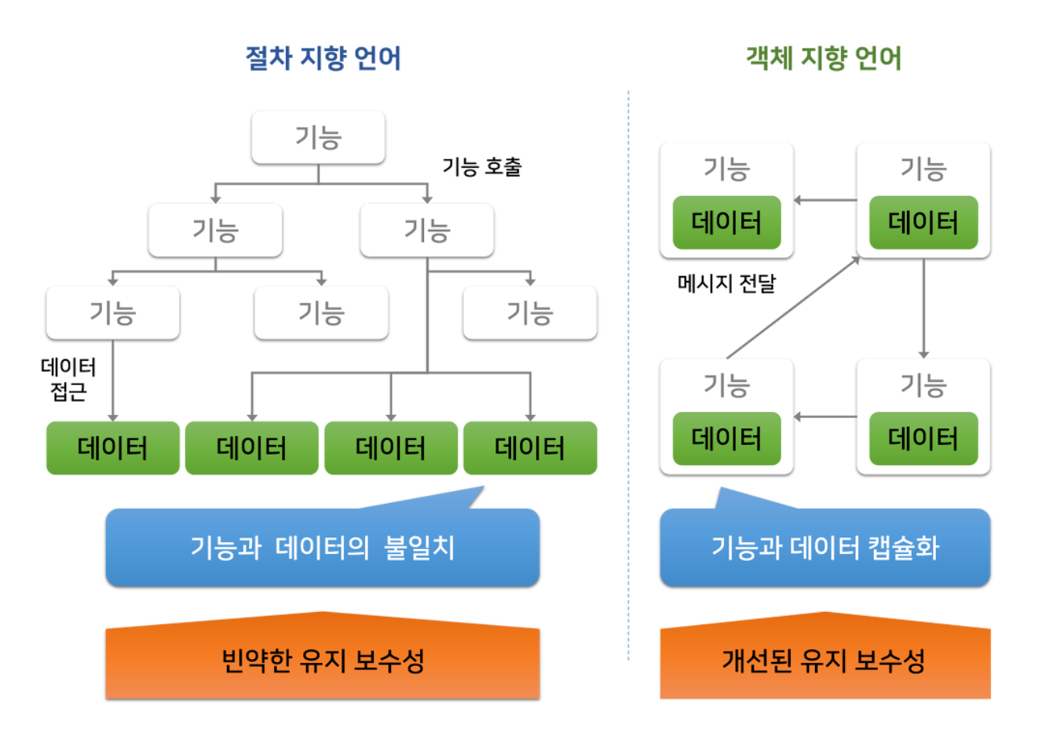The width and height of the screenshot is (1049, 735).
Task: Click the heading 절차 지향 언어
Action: click(x=323, y=59)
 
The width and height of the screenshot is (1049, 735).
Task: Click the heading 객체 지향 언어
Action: click(x=823, y=59)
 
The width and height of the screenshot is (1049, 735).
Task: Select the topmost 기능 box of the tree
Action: click(x=318, y=137)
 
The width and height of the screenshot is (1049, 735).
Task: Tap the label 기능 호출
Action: click(x=481, y=167)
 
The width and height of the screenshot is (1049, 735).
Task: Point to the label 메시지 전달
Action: click(x=726, y=283)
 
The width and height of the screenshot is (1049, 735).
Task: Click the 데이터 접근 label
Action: click(x=68, y=379)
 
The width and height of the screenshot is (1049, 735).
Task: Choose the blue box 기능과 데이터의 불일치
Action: click(x=322, y=548)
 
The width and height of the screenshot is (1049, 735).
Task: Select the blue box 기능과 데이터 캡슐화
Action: click(x=824, y=548)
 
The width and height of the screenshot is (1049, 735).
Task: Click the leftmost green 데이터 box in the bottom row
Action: click(x=113, y=448)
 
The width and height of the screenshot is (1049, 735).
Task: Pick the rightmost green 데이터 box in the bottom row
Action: click(x=530, y=448)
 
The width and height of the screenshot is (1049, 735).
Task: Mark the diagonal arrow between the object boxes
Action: click(x=793, y=307)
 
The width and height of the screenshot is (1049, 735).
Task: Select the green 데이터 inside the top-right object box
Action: click(x=923, y=223)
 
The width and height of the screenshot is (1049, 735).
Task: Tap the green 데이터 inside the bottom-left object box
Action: click(x=726, y=438)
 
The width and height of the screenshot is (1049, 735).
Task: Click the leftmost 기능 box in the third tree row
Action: click(x=113, y=313)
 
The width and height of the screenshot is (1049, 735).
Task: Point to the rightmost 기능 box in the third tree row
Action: click(x=530, y=313)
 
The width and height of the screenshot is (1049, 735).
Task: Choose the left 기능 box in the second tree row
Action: click(x=215, y=231)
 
